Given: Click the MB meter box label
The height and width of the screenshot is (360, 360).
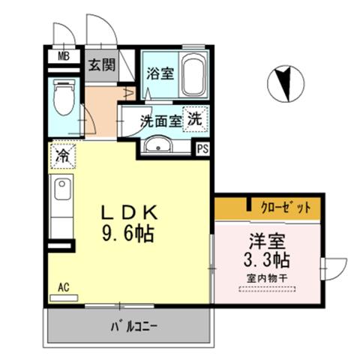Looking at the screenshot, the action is pyautogui.click(x=64, y=56).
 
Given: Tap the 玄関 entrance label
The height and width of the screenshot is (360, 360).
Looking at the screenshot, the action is pyautogui.click(x=102, y=64).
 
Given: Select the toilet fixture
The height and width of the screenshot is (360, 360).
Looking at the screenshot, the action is pyautogui.click(x=64, y=97).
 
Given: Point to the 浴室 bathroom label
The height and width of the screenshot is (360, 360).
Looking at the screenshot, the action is pyautogui.click(x=160, y=73).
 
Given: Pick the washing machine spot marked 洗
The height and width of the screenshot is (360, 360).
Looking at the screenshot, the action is pyautogui.click(x=195, y=119).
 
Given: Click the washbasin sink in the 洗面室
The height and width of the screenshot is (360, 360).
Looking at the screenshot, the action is pyautogui.click(x=158, y=145).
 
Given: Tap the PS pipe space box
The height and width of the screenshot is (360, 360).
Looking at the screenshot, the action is pyautogui.click(x=202, y=149).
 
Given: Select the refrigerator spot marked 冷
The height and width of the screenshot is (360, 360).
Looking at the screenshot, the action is pyautogui.click(x=62, y=155).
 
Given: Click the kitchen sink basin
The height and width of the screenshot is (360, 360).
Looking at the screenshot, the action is pyautogui.click(x=62, y=189).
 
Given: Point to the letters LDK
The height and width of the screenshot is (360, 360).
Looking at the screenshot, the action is pyautogui.click(x=129, y=212).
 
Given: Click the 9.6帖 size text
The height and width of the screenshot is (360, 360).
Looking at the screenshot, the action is pyautogui.click(x=127, y=233).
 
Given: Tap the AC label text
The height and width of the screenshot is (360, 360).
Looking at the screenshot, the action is pyautogui.click(x=64, y=287).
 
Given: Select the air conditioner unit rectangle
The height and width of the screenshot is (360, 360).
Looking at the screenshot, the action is pyautogui.click(x=64, y=298).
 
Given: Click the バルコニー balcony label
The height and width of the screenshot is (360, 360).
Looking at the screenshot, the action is pyautogui.click(x=134, y=326).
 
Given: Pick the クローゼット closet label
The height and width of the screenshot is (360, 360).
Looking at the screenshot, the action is pyautogui.click(x=286, y=208).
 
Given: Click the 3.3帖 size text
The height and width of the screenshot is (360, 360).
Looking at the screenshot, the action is pyautogui.click(x=267, y=260).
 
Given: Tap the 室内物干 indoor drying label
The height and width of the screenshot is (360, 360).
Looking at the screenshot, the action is pyautogui.click(x=267, y=278).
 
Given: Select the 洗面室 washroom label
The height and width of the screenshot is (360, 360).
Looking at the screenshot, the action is pyautogui.click(x=160, y=121).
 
